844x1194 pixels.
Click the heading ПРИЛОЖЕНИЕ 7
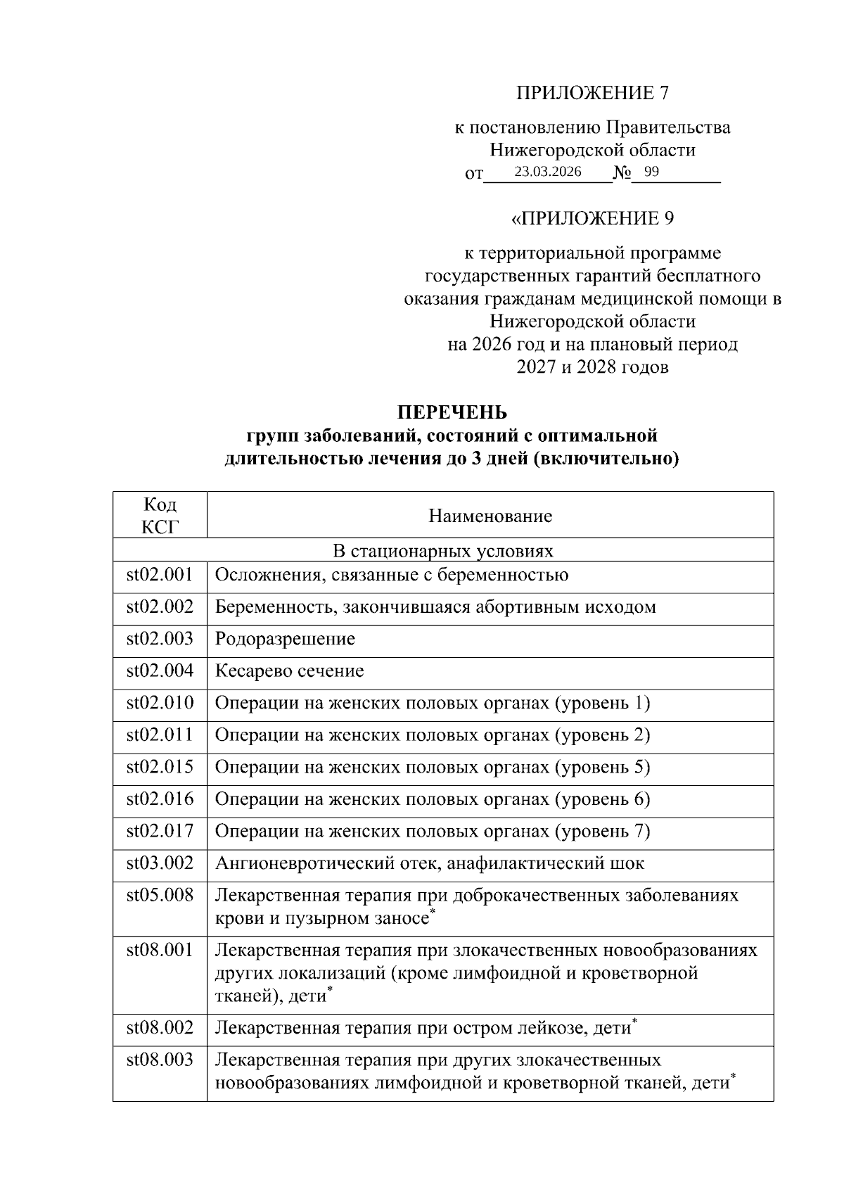coord(592,93)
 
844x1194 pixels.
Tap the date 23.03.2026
coord(547,172)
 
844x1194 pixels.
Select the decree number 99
coord(651,172)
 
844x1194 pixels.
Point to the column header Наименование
coord(490,516)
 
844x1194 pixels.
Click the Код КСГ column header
coord(160,515)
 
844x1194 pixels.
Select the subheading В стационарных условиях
coord(442,551)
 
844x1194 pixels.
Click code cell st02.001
coord(160,575)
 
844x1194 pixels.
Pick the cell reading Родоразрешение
coord(285,639)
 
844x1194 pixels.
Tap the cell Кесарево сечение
coord(289,671)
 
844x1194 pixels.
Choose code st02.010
coord(160,703)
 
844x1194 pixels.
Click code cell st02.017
coord(160,831)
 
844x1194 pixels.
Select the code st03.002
coord(160,863)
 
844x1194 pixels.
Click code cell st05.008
coord(160,895)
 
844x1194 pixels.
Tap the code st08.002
coord(160,1027)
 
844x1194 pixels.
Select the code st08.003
coord(160,1060)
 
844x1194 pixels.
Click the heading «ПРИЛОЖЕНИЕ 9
coord(592,218)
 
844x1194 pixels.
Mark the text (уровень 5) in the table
coord(603,767)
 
